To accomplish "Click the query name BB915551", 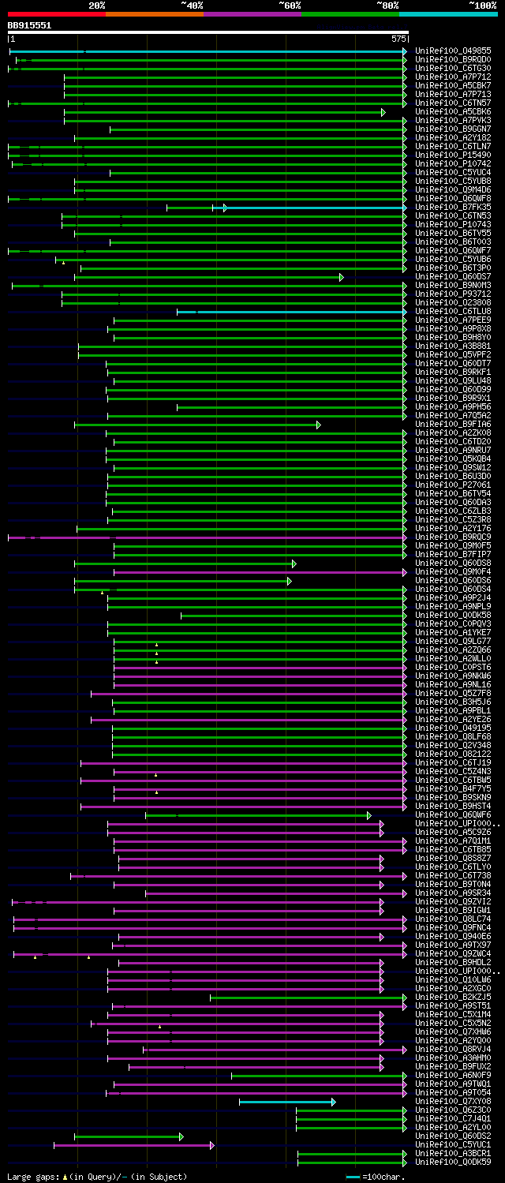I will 29,25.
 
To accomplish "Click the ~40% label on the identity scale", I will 192,6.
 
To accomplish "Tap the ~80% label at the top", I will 387,6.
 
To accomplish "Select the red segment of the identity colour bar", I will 56,14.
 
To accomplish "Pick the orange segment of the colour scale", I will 154,14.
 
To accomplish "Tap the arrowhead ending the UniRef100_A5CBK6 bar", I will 383,112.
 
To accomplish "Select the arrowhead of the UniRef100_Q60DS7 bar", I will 341,277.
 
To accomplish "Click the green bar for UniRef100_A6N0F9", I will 316,1075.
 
